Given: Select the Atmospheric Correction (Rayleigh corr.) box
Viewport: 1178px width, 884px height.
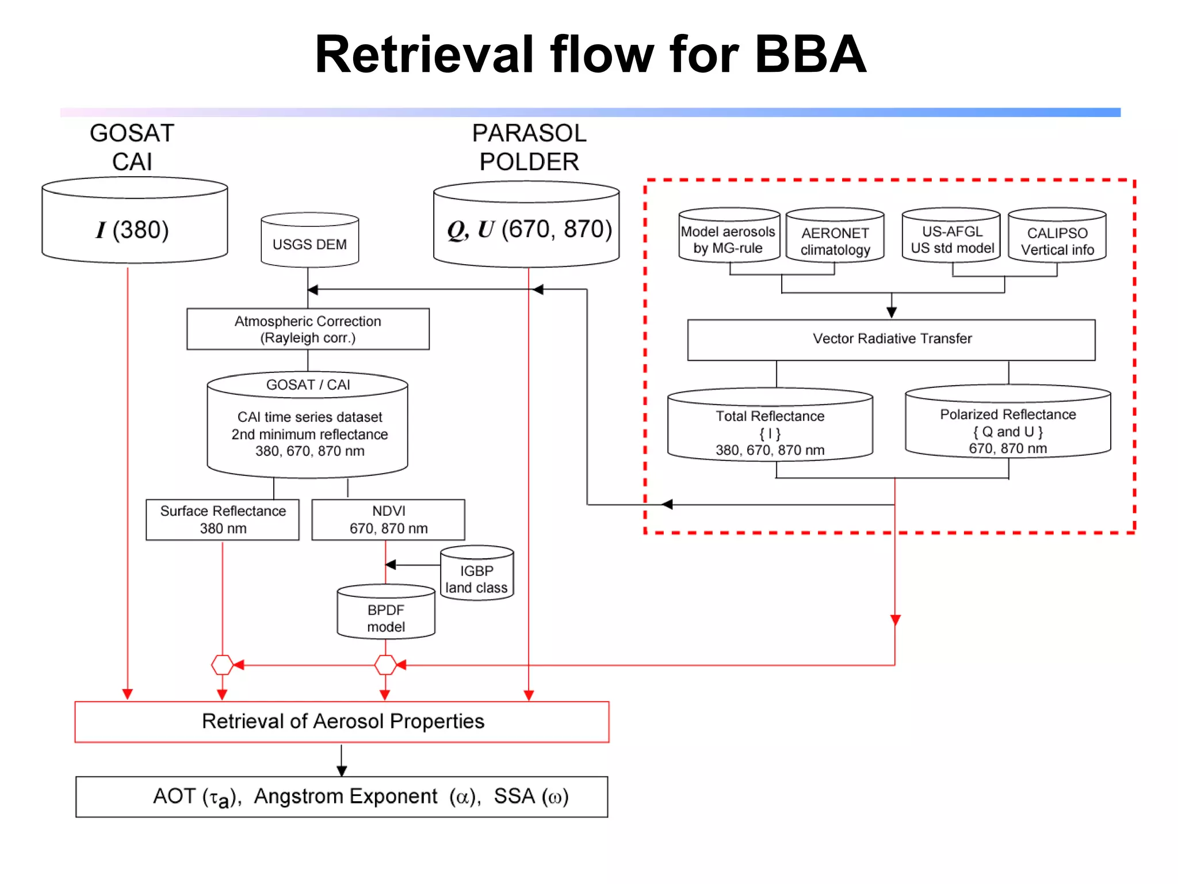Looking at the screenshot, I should click(x=308, y=329).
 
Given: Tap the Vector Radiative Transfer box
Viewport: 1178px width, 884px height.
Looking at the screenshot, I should click(x=891, y=340).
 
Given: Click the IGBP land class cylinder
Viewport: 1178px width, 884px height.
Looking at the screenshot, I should click(x=477, y=574).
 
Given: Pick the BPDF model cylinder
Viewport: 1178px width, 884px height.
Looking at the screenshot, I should click(x=386, y=613).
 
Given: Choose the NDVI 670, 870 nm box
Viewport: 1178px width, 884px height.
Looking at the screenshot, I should click(x=388, y=520).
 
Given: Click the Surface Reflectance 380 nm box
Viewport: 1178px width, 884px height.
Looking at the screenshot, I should click(x=223, y=520).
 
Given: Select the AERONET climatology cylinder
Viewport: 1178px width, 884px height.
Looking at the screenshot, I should click(x=835, y=237).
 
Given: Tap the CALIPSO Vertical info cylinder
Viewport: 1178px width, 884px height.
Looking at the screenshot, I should click(x=1057, y=237).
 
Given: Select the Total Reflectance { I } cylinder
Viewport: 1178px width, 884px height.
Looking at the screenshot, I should click(x=770, y=426).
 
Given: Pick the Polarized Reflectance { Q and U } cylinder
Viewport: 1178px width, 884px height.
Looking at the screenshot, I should click(x=1008, y=423).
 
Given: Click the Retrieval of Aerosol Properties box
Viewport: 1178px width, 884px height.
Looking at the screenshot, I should click(x=342, y=722).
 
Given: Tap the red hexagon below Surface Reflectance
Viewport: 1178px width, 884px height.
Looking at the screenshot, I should click(x=222, y=665).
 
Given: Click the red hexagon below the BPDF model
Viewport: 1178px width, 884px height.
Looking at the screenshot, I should click(x=385, y=665).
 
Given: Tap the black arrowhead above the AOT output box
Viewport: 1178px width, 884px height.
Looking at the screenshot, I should click(x=342, y=771).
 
